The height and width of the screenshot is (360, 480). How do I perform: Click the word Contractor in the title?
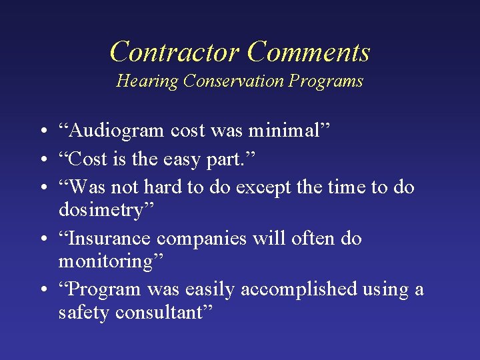pyautogui.click(x=174, y=51)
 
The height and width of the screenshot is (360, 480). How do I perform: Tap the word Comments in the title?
pyautogui.click(x=308, y=51)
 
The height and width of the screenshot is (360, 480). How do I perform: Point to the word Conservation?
pyautogui.click(x=234, y=81)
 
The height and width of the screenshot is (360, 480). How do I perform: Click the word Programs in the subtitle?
pyautogui.click(x=326, y=81)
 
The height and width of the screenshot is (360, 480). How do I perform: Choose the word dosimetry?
pyautogui.click(x=106, y=210)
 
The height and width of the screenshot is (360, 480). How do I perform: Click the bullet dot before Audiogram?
pyautogui.click(x=42, y=131)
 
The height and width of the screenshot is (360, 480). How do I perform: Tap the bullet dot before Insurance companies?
pyautogui.click(x=42, y=239)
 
